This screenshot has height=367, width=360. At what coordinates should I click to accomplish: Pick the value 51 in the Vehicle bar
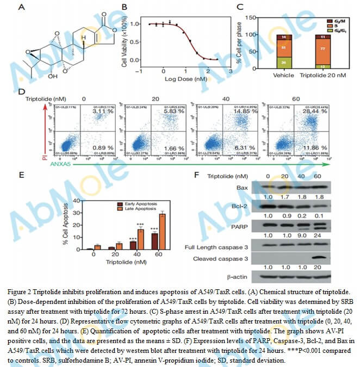tap(284, 48)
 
